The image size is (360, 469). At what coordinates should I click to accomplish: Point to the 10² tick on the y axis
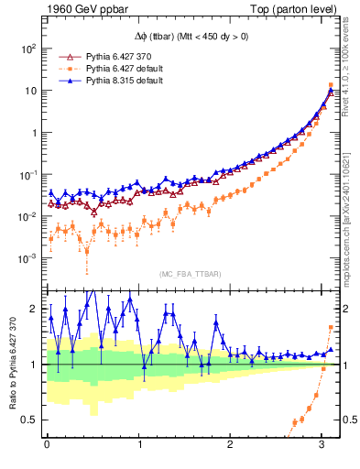[28, 49]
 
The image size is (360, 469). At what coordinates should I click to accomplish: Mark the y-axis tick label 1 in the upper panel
[35, 133]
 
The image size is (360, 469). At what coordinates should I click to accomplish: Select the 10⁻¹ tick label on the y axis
[28, 174]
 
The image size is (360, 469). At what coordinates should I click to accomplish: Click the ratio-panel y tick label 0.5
[32, 420]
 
